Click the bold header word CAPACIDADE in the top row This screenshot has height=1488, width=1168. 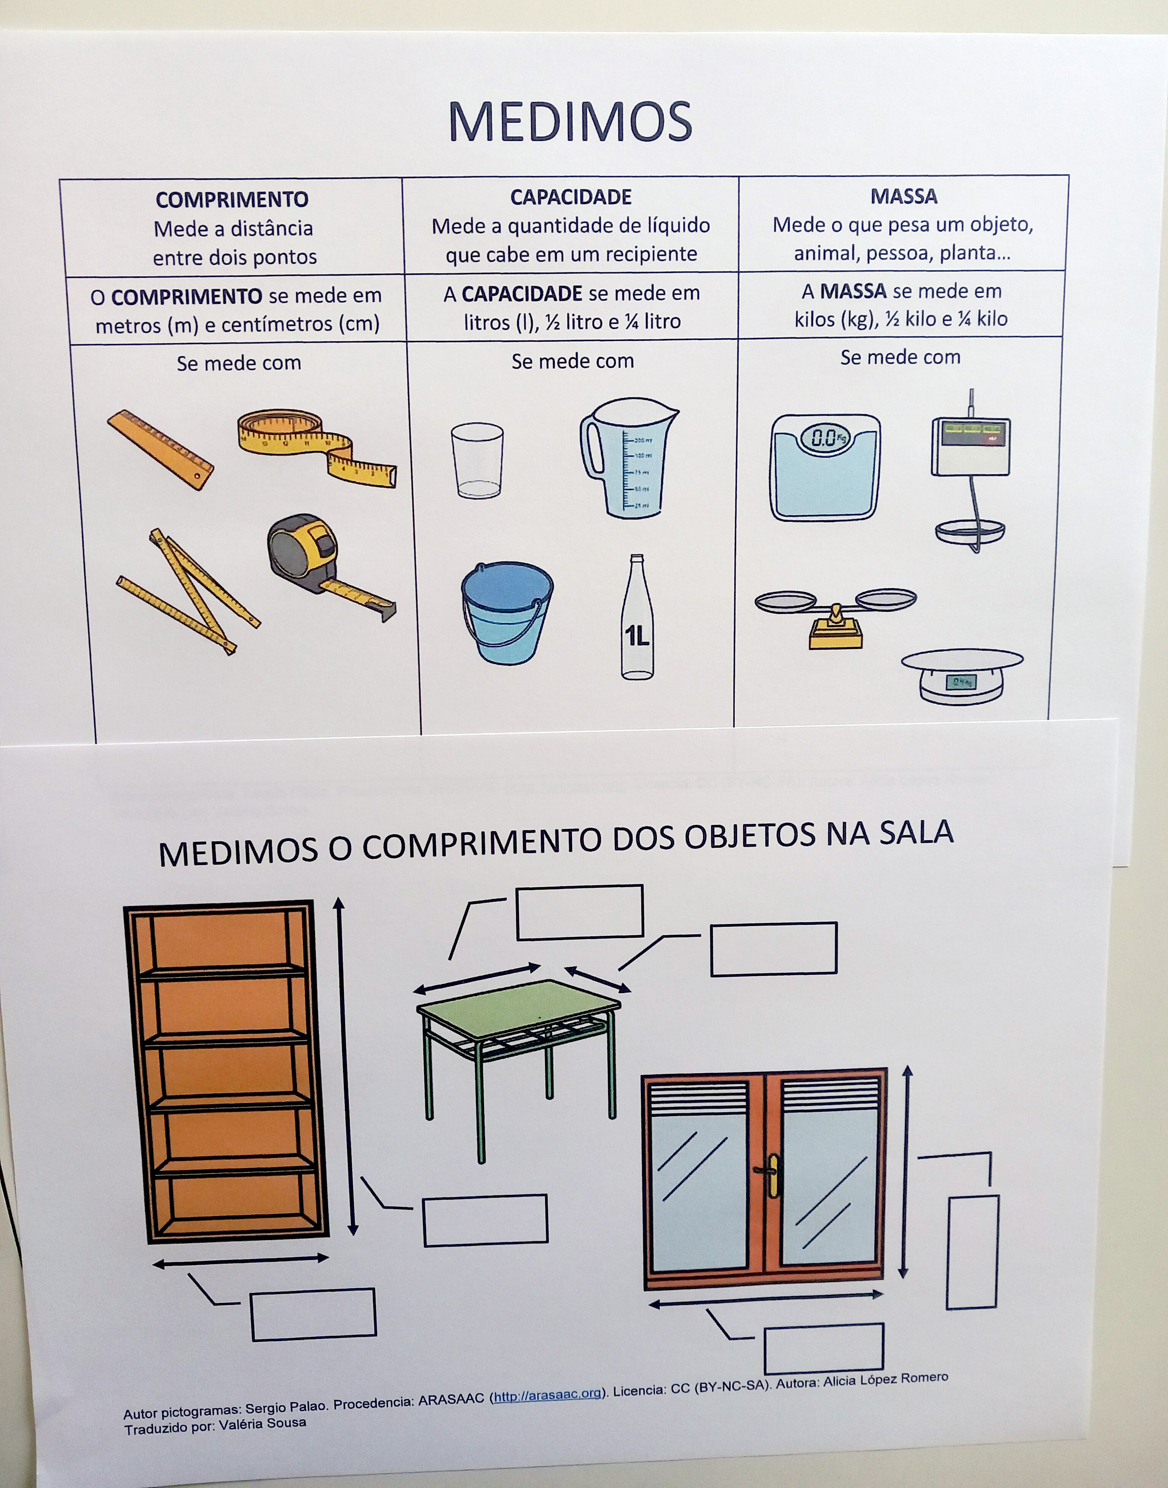(570, 198)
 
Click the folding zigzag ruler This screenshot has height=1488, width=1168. (188, 589)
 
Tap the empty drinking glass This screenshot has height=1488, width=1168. (478, 460)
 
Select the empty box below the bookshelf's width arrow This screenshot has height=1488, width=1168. (313, 1314)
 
